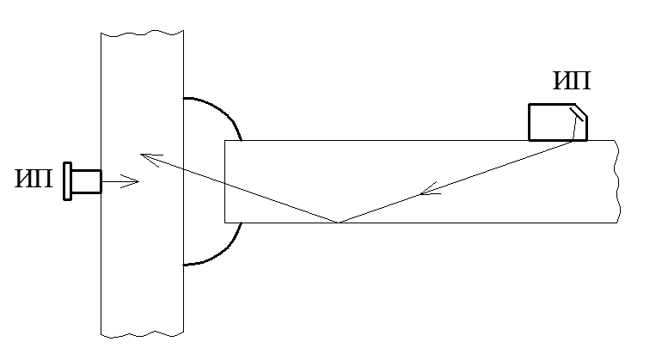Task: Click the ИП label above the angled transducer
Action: [572, 81]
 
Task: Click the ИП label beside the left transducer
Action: [34, 179]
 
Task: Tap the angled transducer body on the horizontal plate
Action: [558, 122]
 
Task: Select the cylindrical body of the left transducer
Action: [87, 181]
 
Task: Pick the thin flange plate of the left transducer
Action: [67, 181]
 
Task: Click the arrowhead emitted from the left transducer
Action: [130, 181]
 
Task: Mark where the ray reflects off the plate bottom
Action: [339, 223]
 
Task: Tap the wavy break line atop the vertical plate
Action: [142, 33]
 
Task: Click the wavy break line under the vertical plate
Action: [142, 335]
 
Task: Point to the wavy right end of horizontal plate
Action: [617, 181]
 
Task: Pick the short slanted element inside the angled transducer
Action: [576, 114]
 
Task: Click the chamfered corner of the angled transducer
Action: [581, 111]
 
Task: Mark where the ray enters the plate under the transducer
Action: [573, 141]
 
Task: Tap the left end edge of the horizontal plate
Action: [224, 181]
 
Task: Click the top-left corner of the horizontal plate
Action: [224, 141]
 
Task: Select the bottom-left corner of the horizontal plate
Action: [224, 223]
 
